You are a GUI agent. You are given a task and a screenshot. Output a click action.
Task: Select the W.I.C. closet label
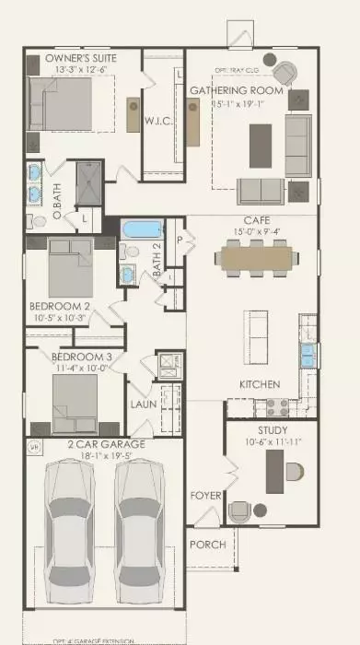pyautogui.click(x=154, y=121)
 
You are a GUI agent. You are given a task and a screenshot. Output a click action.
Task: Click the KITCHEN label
pyautogui.click(x=261, y=383)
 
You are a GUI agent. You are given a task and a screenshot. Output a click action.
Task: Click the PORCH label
pyautogui.click(x=207, y=545)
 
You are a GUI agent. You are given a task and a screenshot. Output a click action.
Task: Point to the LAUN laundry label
pyautogui.click(x=143, y=403)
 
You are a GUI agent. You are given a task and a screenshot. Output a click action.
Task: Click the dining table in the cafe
pyautogui.click(x=257, y=259)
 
